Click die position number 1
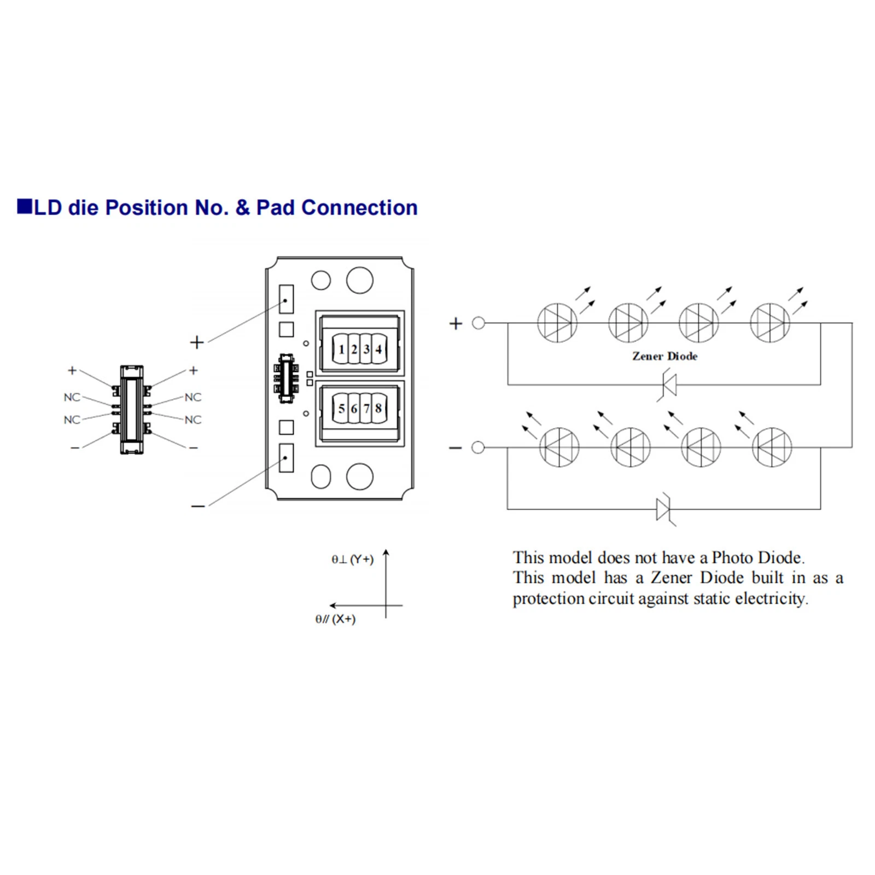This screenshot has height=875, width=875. (341, 349)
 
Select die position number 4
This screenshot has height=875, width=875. (378, 349)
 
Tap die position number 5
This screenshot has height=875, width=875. (341, 408)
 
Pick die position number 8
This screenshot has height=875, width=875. (378, 408)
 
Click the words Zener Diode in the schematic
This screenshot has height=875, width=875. (664, 356)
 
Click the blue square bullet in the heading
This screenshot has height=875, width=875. (24, 207)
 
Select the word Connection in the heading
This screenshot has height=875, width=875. (359, 208)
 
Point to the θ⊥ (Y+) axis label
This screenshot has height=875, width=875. (352, 559)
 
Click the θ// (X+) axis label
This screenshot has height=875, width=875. (335, 619)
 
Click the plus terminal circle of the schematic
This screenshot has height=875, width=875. (479, 323)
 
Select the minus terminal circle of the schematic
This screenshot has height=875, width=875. (478, 447)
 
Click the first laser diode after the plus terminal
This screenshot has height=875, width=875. (557, 323)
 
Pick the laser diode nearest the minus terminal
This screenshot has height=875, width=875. (559, 447)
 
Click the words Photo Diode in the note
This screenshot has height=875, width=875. (757, 558)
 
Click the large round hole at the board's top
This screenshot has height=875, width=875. (360, 280)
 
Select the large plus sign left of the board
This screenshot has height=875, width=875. (197, 342)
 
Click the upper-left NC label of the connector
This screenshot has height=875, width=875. (72, 397)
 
